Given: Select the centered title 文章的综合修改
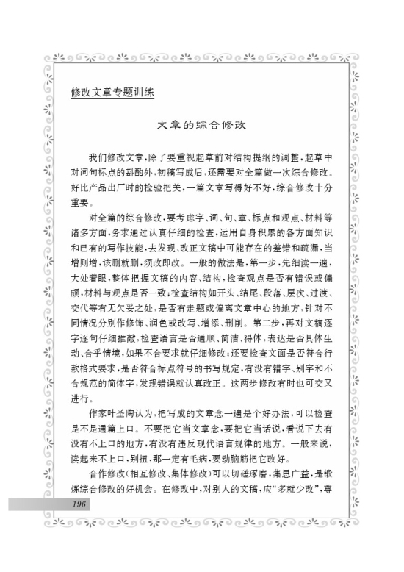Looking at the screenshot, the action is click(202, 126).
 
